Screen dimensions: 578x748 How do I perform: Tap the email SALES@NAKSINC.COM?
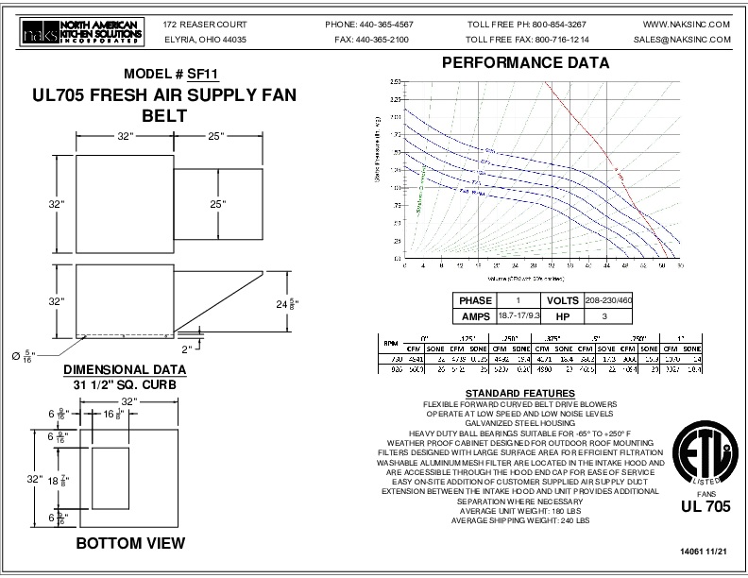pos(683,41)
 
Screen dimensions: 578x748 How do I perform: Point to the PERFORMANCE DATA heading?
pos(526,63)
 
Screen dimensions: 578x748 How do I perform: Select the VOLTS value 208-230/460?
pos(609,300)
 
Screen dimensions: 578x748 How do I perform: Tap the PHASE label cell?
pos(475,300)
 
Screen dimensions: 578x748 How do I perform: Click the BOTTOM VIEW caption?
pos(130,543)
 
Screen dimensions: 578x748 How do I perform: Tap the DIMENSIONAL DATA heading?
pos(124,369)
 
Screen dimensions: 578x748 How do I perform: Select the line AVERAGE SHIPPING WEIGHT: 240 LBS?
pos(520,520)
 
